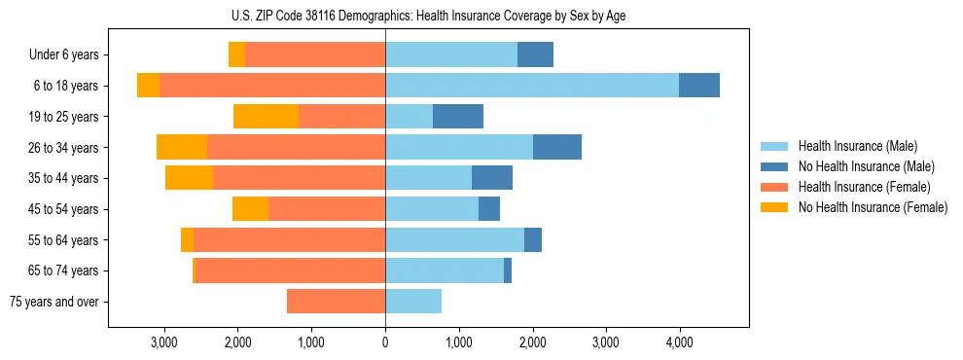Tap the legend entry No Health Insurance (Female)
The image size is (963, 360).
tap(873, 207)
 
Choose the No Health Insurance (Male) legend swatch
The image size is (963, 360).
tap(775, 166)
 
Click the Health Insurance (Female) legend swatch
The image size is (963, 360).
tap(775, 187)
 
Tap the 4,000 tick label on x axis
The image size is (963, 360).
tap(678, 342)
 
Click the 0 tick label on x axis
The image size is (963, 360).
tap(385, 342)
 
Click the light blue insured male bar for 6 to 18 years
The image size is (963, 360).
tap(532, 86)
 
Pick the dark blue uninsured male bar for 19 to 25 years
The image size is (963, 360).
tap(458, 117)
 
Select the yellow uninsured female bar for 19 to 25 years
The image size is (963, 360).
tap(266, 117)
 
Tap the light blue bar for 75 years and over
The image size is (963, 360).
tap(413, 302)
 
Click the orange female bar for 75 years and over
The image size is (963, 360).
tap(336, 302)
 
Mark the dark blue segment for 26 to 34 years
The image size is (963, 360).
tap(557, 147)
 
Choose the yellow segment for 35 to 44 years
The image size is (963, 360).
tap(189, 178)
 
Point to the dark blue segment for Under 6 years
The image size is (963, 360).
tap(535, 55)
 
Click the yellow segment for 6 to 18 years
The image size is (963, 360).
tap(148, 86)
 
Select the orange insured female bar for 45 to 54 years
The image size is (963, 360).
tap(327, 209)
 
